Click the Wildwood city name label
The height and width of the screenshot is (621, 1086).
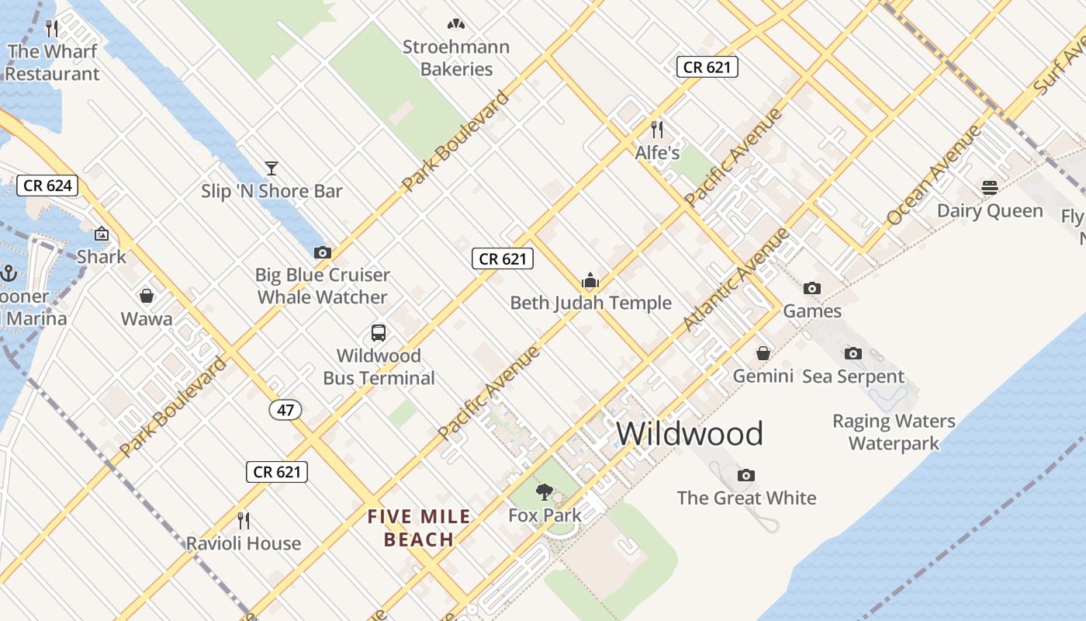(x=690, y=433)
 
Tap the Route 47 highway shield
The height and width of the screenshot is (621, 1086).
(x=285, y=409)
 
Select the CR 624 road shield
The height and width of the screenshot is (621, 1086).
(x=47, y=186)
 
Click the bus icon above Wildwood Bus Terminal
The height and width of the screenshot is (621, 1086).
(x=379, y=333)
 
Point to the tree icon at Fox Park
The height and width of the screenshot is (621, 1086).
(x=545, y=491)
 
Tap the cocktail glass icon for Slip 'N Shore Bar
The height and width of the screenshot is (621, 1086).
(x=271, y=168)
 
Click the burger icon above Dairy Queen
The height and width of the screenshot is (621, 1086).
(x=989, y=187)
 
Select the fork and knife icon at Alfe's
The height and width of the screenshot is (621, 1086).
(x=657, y=129)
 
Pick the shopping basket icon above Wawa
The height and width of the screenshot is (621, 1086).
(x=146, y=296)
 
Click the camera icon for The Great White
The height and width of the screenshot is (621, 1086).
(x=746, y=475)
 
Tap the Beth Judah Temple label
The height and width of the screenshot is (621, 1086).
(x=590, y=303)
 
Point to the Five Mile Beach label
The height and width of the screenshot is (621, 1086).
(x=419, y=528)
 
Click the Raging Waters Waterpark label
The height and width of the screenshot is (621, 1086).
(x=894, y=432)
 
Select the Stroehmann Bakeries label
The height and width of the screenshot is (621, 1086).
(x=456, y=57)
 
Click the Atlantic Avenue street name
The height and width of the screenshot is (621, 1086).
(x=735, y=279)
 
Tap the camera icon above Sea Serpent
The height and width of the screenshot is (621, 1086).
(x=853, y=353)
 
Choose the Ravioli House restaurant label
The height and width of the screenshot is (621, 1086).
(x=244, y=543)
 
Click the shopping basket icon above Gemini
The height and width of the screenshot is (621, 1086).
(x=763, y=353)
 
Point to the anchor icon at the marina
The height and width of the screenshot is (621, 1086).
(x=9, y=273)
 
